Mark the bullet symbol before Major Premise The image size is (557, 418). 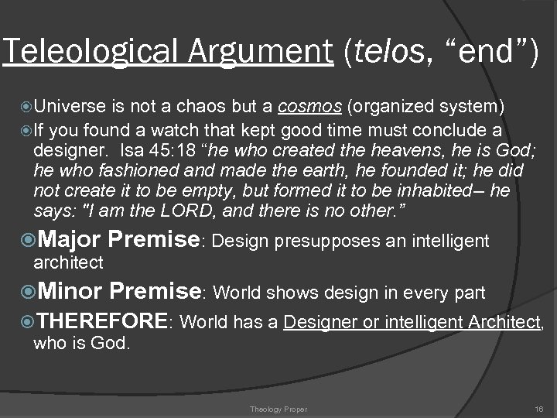pos(22,242)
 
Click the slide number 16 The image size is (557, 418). pos(539,407)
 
